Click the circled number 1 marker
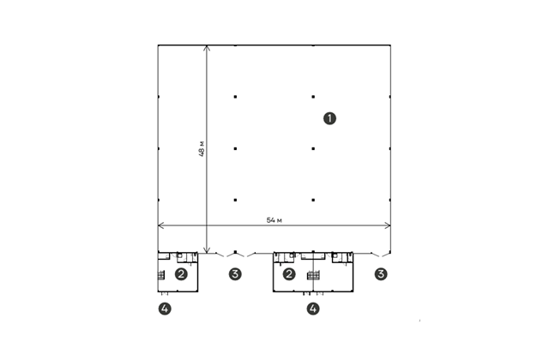coord(329,118)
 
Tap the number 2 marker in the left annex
coord(181,274)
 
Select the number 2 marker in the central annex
coord(289,274)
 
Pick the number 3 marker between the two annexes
coord(235,274)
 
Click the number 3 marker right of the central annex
coord(381,274)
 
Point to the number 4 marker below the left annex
coord(165,309)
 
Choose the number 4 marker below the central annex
coord(313,309)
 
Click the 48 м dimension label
coord(202,148)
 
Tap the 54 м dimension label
coord(274,220)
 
